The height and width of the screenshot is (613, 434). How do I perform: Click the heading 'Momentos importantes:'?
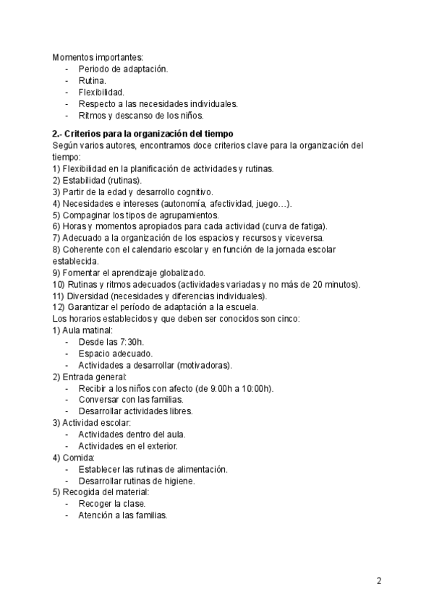click(x=98, y=57)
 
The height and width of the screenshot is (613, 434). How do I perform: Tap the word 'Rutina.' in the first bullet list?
click(x=93, y=80)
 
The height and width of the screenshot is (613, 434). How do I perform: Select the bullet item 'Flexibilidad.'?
click(x=101, y=92)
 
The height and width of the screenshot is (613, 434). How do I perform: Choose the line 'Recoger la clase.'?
click(x=112, y=504)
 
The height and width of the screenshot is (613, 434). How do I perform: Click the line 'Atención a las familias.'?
click(x=123, y=515)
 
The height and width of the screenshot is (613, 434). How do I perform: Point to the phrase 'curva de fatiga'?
click(x=294, y=226)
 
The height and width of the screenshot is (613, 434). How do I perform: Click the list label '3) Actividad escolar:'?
click(x=93, y=423)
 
